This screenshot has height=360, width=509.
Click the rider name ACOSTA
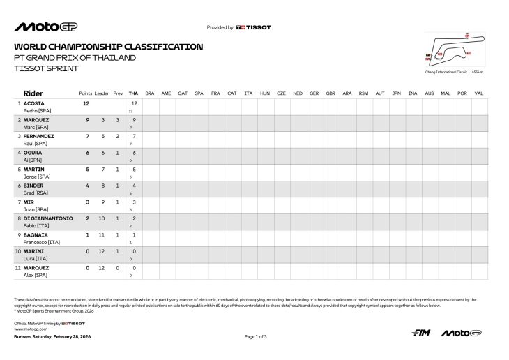point(34,103)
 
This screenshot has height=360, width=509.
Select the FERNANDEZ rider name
point(40,136)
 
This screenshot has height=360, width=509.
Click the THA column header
point(133,93)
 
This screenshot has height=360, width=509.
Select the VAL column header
point(479,93)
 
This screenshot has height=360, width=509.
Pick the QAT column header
point(183,93)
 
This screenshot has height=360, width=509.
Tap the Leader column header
point(102,93)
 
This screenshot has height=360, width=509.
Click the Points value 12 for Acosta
point(86,103)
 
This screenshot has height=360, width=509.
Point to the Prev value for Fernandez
point(117,136)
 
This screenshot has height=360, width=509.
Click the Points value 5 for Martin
point(87,169)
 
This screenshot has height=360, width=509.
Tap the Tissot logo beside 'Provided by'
point(254,27)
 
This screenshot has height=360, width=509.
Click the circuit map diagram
point(451,50)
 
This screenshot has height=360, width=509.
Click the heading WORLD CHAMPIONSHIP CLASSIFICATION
point(109,47)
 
